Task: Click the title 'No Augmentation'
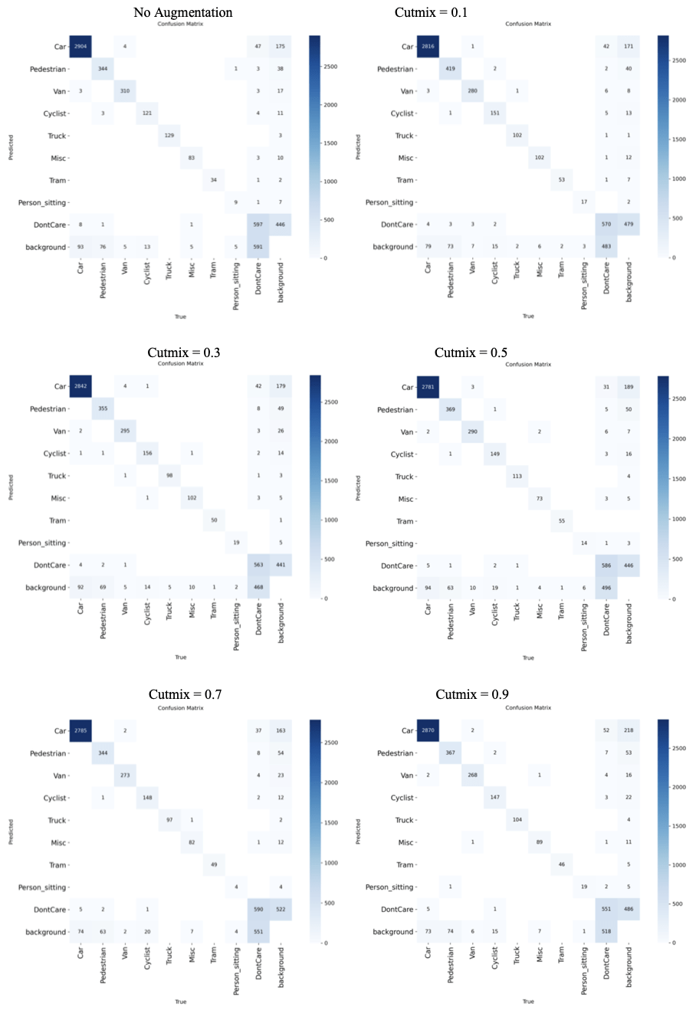[182, 12]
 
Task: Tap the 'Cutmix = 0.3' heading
[184, 353]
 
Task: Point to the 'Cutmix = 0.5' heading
[471, 353]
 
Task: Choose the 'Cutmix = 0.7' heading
[185, 694]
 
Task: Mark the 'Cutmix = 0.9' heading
[472, 694]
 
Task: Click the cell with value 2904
[80, 47]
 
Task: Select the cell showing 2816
[428, 47]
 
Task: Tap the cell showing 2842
[80, 387]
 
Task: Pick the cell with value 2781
[428, 387]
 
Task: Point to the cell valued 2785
[80, 730]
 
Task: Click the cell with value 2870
[428, 730]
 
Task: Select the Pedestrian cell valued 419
[450, 69]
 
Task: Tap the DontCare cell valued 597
[258, 225]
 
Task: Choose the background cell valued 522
[281, 910]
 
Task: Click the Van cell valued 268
[472, 775]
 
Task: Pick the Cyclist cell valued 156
[147, 454]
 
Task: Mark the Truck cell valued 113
[517, 476]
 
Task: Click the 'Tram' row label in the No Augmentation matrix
[58, 181]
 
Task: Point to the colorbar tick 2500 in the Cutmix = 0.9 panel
[678, 748]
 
